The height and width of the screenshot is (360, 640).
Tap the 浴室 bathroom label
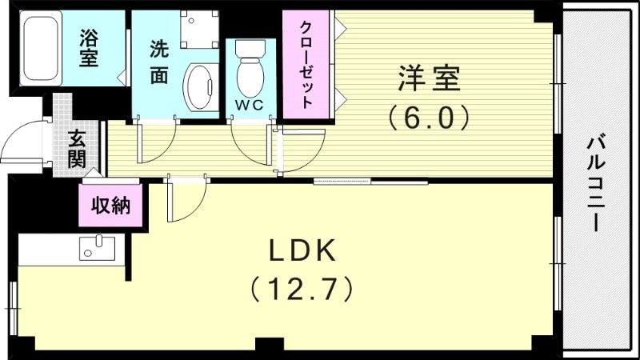88,47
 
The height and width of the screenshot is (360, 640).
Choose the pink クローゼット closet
306,66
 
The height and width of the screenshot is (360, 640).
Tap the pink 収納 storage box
111,206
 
